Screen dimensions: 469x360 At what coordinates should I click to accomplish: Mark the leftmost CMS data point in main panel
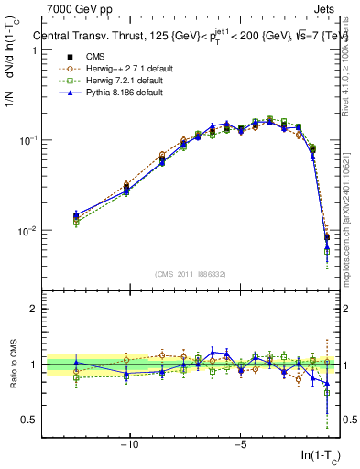pos(76,217)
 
